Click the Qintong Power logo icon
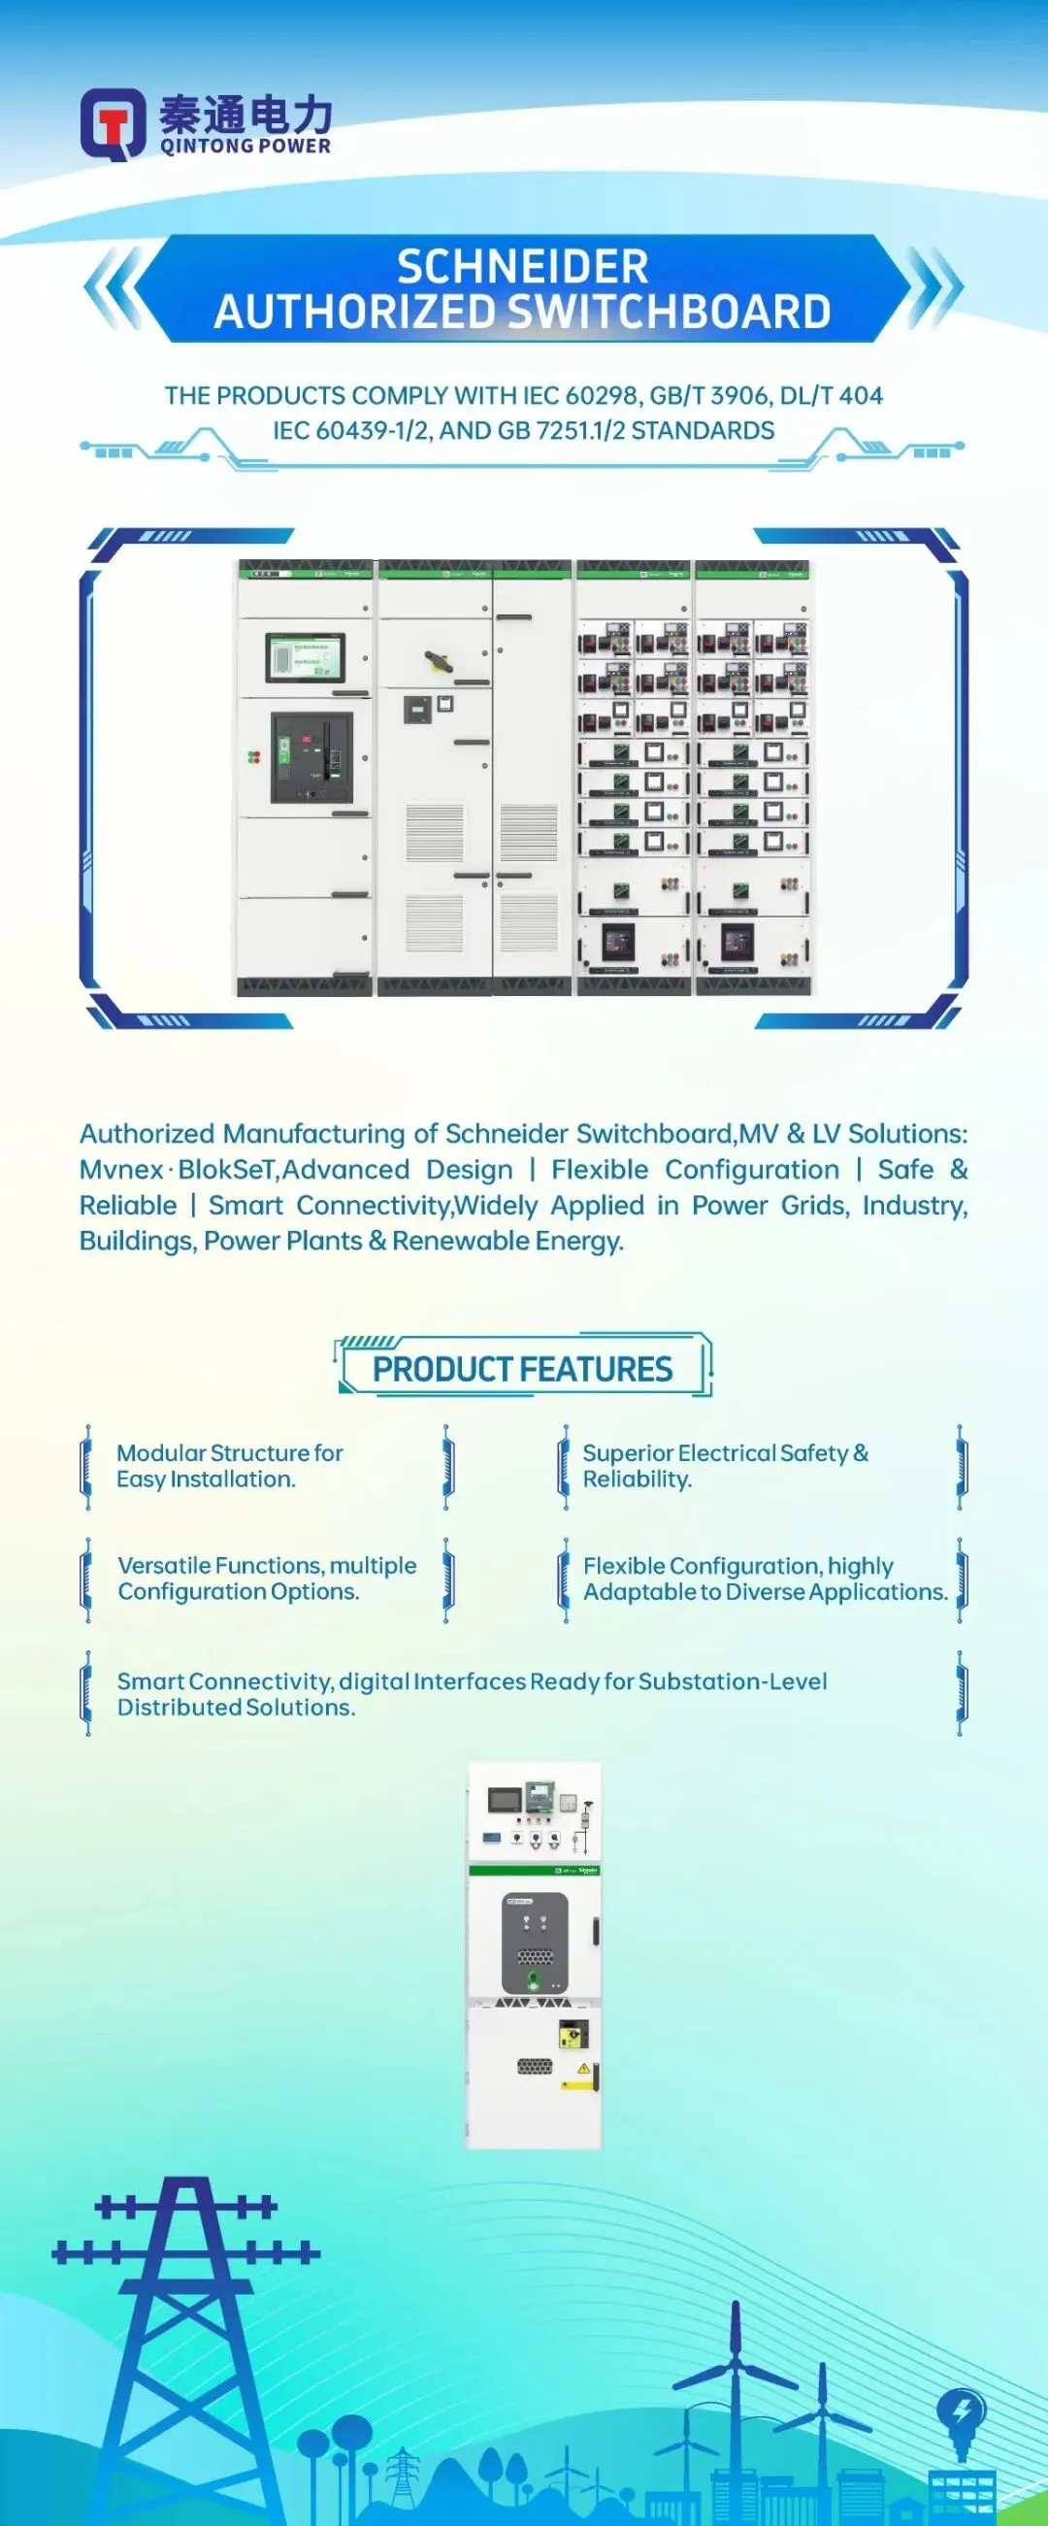pyautogui.click(x=112, y=123)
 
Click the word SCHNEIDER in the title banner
pyautogui.click(x=522, y=267)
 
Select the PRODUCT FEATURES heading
pyautogui.click(x=522, y=1369)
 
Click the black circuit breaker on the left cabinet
pyautogui.click(x=311, y=757)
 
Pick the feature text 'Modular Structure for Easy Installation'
pyautogui.click(x=229, y=1466)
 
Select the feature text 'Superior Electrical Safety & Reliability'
pyautogui.click(x=726, y=1466)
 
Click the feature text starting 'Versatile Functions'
pyautogui.click(x=267, y=1578)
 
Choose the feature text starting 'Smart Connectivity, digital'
pyautogui.click(x=471, y=1693)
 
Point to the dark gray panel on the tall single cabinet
pyautogui.click(x=535, y=1943)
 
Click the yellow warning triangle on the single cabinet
pyautogui.click(x=583, y=2068)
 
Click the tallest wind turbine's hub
pyautogui.click(x=736, y=2363)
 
